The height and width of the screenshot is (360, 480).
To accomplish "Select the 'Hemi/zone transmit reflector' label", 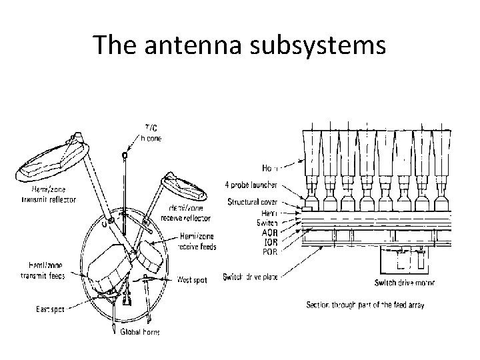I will pyautogui.click(x=49, y=195).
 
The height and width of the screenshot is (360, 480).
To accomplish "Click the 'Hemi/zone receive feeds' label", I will pyautogui.click(x=197, y=242).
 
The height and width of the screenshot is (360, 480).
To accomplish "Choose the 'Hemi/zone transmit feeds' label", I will pyautogui.click(x=42, y=272).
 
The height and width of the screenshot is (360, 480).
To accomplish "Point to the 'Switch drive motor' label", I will pyautogui.click(x=405, y=283).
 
